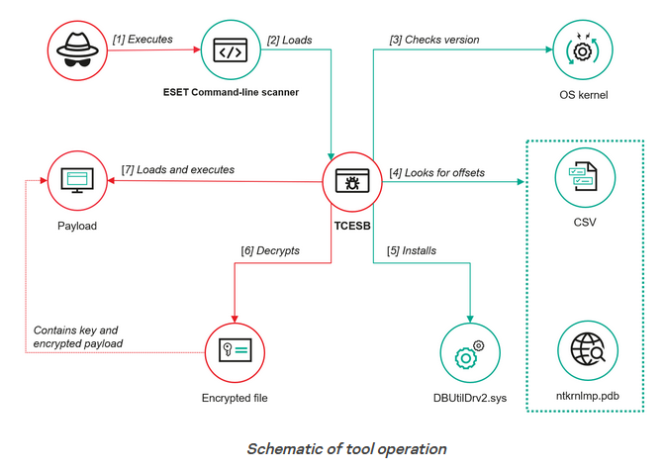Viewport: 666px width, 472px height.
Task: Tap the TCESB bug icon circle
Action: point(353,181)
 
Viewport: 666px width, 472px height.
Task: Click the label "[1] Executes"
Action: point(143,40)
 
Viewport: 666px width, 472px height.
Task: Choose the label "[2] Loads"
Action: point(290,40)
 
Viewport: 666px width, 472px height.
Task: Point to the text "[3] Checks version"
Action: point(434,40)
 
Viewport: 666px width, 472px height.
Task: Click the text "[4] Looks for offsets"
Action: point(436,172)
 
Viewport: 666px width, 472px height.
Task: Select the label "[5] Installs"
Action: point(413,250)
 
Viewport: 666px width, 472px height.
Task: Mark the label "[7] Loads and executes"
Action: point(178,169)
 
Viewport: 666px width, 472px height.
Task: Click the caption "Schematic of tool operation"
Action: point(345,448)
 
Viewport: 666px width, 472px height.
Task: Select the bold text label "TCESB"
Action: point(352,226)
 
